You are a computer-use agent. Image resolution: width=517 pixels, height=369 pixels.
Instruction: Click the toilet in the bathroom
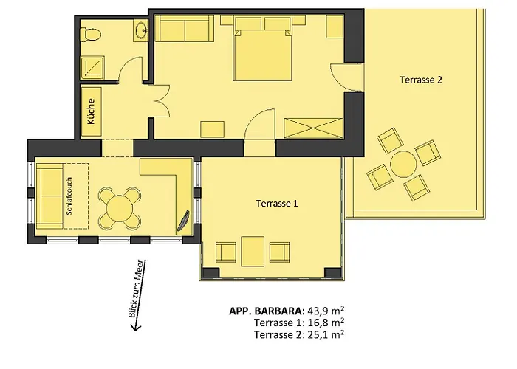[90, 34]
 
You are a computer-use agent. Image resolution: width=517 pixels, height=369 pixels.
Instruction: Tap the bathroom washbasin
[141, 30]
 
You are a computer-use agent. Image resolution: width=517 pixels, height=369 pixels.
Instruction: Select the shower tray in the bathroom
[92, 68]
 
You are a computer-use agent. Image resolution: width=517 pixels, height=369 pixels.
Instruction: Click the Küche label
[92, 111]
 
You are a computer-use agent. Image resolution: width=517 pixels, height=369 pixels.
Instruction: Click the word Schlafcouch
[69, 196]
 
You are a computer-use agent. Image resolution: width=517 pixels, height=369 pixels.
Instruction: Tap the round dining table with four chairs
[120, 208]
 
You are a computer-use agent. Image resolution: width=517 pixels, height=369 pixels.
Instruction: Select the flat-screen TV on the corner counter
[183, 221]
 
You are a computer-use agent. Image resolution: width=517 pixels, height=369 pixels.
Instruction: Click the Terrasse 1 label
[277, 203]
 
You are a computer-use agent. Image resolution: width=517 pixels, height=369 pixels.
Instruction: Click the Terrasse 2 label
[421, 80]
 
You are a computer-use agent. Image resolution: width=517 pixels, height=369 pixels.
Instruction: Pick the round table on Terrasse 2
[403, 164]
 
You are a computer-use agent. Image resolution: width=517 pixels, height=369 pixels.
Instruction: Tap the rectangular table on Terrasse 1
[253, 252]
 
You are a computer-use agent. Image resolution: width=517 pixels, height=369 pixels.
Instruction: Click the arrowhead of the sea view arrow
[135, 327]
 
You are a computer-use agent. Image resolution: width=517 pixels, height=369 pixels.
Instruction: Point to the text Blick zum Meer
[136, 289]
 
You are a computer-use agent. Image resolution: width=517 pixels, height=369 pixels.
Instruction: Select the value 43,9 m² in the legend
[326, 311]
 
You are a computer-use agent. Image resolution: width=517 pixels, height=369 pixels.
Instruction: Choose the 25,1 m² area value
[326, 335]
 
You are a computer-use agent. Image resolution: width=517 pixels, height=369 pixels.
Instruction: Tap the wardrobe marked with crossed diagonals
[313, 128]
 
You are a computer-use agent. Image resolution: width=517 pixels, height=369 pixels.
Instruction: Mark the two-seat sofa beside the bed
[185, 28]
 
